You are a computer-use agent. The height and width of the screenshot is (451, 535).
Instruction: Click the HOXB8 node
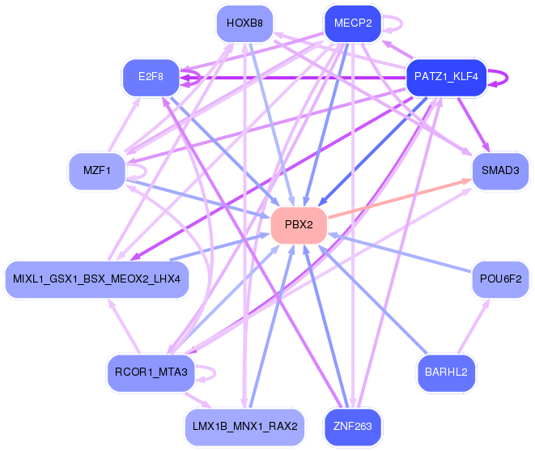[244, 23]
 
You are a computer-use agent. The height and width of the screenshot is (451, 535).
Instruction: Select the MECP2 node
[352, 23]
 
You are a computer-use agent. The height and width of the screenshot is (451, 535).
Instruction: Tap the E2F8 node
[151, 77]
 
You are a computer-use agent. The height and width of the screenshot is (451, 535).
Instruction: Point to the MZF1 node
[97, 170]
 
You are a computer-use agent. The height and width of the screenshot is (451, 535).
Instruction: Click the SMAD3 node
[499, 170]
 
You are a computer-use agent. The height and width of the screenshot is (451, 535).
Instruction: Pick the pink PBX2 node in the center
[299, 224]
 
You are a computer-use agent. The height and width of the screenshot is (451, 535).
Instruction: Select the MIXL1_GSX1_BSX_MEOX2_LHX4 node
[97, 279]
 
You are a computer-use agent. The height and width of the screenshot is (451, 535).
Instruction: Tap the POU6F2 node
[500, 279]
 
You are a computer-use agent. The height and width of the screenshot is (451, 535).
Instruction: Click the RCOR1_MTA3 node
[151, 372]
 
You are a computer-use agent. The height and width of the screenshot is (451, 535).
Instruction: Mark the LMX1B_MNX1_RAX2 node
[244, 425]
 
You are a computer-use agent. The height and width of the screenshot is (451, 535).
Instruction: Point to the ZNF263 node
[352, 425]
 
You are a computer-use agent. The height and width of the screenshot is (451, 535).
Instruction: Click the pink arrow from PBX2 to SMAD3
[397, 200]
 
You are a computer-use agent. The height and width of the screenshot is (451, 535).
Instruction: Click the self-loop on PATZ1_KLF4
[502, 77]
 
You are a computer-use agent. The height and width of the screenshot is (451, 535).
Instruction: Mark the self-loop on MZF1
[140, 171]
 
